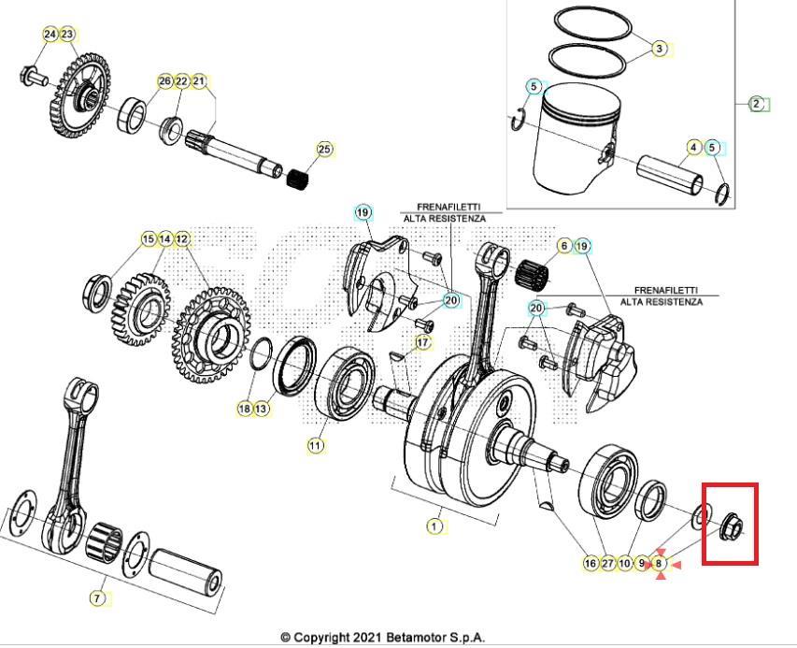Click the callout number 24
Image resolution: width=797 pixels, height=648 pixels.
(x=50, y=35)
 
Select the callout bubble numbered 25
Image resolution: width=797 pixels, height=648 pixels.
(x=324, y=149)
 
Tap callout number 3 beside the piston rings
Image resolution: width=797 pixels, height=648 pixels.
(x=660, y=49)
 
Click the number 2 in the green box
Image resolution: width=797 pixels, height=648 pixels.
(x=757, y=104)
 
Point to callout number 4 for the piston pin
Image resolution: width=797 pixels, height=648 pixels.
(x=694, y=148)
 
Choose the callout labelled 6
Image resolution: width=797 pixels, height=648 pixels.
(x=563, y=246)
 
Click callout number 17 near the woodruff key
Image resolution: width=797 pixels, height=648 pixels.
(x=423, y=343)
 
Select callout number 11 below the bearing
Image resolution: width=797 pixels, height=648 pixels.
(x=316, y=446)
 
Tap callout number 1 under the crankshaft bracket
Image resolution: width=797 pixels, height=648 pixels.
(x=434, y=526)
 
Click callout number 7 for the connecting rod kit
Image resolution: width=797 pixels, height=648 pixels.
(x=97, y=598)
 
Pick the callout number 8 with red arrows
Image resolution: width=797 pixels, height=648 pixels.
(x=660, y=563)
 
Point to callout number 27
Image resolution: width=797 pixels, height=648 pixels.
(x=607, y=563)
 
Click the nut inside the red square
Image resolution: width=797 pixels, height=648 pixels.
(x=733, y=529)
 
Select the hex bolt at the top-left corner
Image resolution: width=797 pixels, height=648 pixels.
(x=29, y=75)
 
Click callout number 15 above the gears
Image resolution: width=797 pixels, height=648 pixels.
(x=148, y=239)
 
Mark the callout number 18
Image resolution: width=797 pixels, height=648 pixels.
(x=245, y=409)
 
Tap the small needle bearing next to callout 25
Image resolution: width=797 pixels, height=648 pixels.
(x=300, y=175)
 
